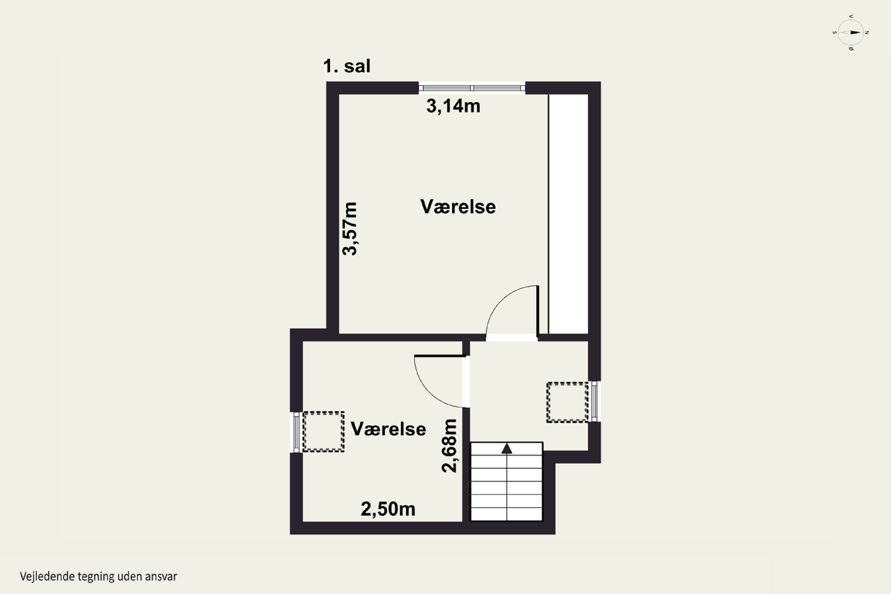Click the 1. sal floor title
(347, 66)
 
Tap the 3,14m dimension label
(453, 106)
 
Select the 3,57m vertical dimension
(350, 229)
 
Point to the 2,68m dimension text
(450, 445)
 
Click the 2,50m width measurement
(388, 509)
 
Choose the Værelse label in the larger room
(458, 207)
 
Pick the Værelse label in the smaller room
(388, 429)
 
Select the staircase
(506, 481)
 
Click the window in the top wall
(472, 88)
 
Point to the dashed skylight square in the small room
(323, 432)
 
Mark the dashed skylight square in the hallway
(567, 402)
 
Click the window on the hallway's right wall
(594, 401)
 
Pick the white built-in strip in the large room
(568, 214)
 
